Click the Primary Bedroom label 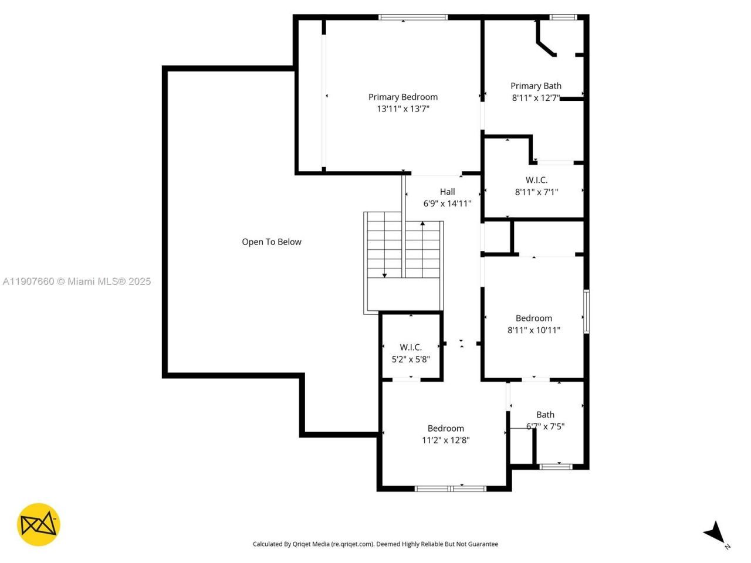tap(402, 97)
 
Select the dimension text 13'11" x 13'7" tap(402, 108)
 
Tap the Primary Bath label tap(536, 86)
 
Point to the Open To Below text tap(272, 242)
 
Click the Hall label tap(447, 191)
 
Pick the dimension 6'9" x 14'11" tap(447, 204)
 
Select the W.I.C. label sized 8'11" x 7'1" tap(536, 180)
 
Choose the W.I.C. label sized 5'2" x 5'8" tap(411, 347)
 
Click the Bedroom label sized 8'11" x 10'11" tap(533, 318)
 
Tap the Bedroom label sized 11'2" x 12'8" tap(445, 428)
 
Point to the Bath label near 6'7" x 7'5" tap(545, 415)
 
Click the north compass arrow tap(715, 533)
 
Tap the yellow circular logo tap(38, 524)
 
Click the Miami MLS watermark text tap(76, 281)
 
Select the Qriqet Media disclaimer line tap(375, 544)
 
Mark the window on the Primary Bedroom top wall tap(413, 18)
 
